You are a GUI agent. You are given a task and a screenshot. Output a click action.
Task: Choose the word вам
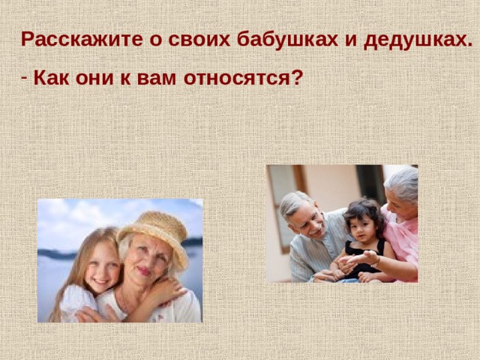click(152, 77)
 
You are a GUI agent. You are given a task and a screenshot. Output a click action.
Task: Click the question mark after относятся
click(298, 77)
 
